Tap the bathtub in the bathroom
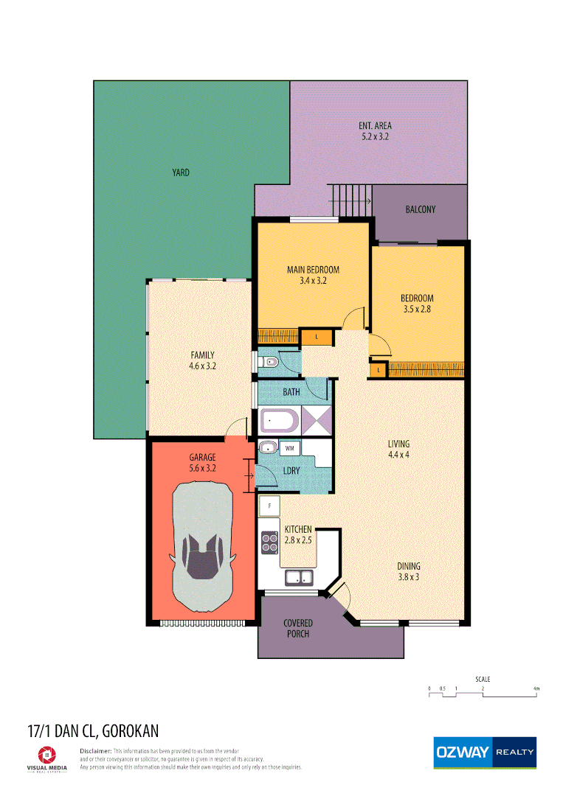279,421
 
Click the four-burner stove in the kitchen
269,542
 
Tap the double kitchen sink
300,577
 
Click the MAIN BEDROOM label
313,270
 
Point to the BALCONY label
421,209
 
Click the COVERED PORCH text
298,628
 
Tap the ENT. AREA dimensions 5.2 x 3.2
374,136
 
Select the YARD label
181,172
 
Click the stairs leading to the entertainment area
350,199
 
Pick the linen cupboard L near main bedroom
317,337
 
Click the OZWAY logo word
462,753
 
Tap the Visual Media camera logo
46,754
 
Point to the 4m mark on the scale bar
536,689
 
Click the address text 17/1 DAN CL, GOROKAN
93,731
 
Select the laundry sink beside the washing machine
267,447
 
